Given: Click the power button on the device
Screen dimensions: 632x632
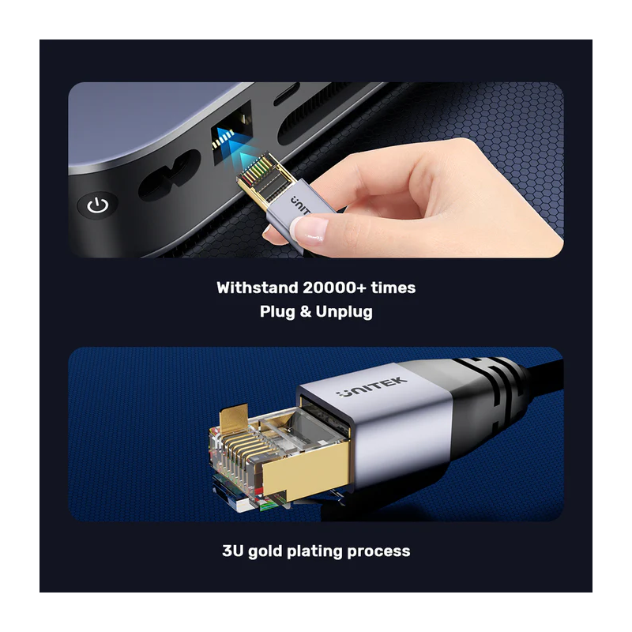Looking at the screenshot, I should pos(97,207).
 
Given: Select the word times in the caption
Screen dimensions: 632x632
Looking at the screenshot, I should pos(393,288).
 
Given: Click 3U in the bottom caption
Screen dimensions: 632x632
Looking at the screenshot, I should pos(235,551).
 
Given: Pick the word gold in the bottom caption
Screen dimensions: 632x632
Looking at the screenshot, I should pos(269,551).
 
